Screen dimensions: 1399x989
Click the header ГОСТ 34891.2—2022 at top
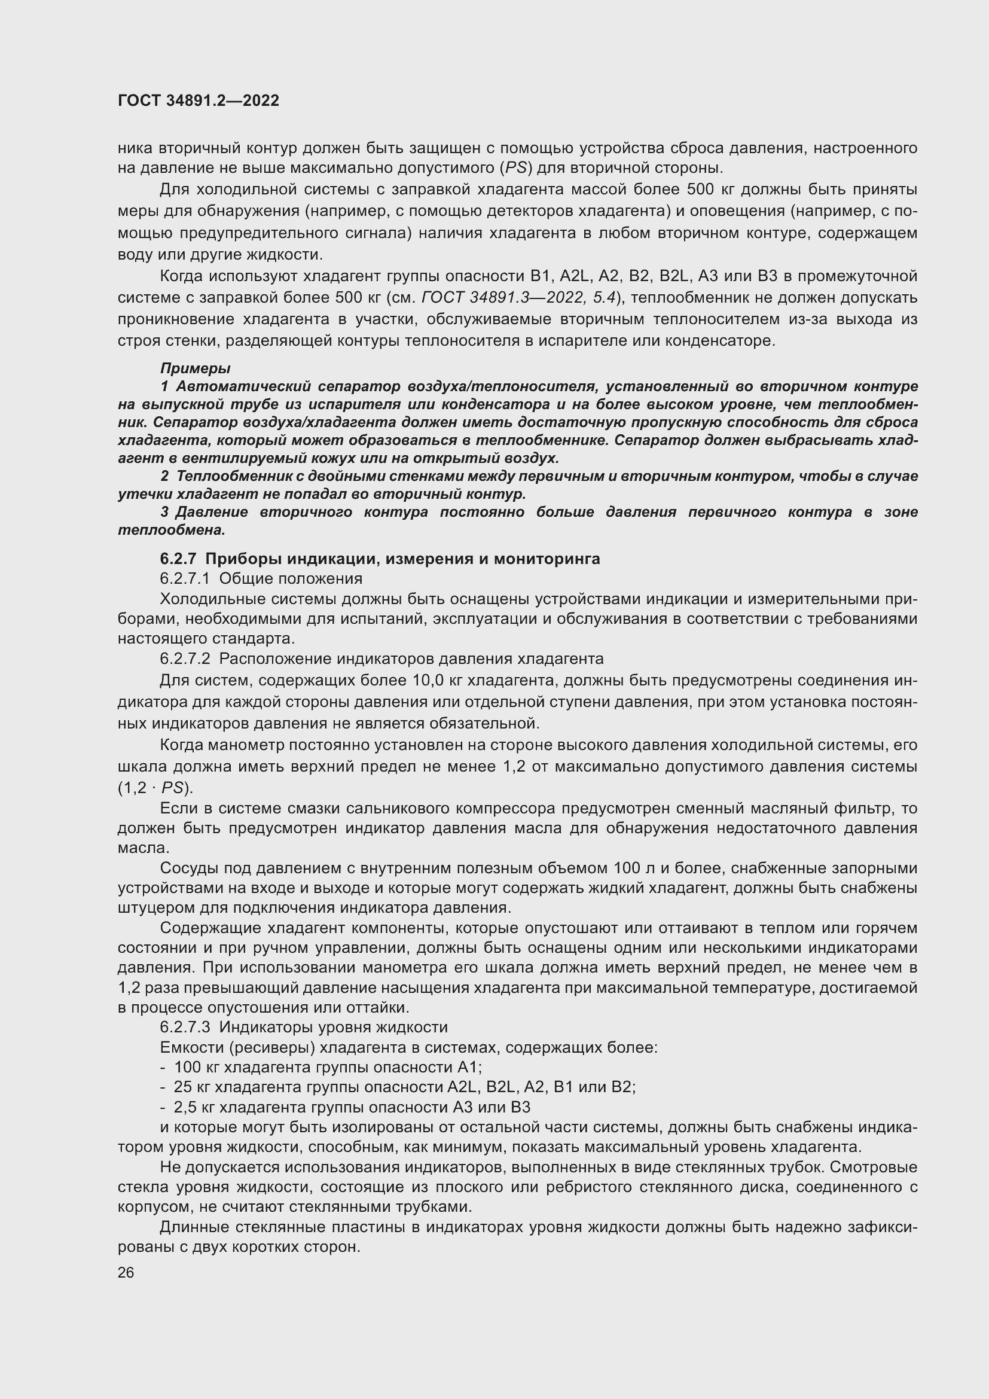point(199,101)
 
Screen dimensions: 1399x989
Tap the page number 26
point(126,1272)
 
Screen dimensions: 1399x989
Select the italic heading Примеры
point(195,368)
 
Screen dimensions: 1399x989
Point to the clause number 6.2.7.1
point(185,578)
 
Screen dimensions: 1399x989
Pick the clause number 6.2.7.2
point(185,659)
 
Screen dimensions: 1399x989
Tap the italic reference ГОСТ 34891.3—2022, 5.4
point(519,298)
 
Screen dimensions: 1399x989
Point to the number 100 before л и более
point(626,868)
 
